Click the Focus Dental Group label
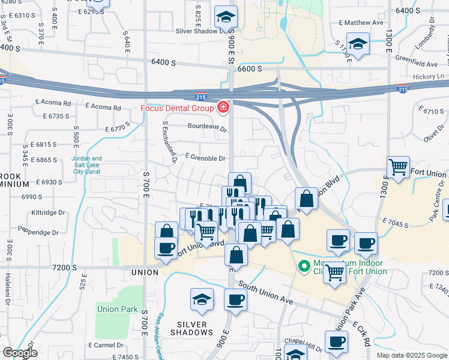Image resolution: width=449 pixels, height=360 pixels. tap(177, 109)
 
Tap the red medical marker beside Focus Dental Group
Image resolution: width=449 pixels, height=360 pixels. tap(223, 108)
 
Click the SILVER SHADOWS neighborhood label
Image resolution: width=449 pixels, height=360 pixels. tap(192, 328)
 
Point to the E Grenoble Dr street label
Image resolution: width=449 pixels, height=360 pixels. tap(205, 158)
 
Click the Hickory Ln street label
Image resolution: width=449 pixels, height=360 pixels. tap(427, 77)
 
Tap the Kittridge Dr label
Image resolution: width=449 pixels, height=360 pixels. tap(49, 212)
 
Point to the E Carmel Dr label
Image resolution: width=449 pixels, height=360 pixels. tap(105, 345)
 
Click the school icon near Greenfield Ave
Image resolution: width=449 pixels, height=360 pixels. tap(358, 44)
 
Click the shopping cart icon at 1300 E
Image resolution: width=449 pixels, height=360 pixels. tap(398, 166)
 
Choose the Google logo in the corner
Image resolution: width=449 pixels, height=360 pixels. tap(19, 353)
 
